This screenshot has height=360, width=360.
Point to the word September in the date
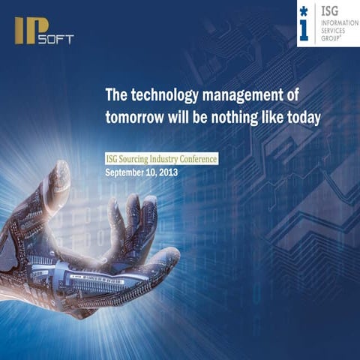pos(129,172)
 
